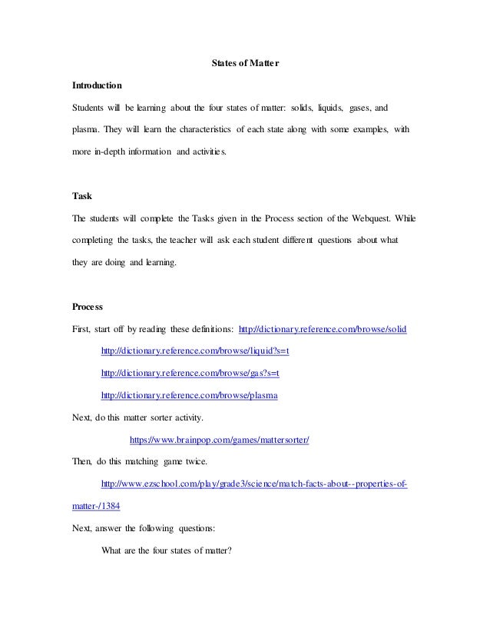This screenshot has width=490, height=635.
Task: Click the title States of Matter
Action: coord(245,62)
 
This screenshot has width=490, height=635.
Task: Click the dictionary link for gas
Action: coord(190,374)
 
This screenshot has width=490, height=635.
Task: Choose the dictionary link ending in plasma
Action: coord(189,395)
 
